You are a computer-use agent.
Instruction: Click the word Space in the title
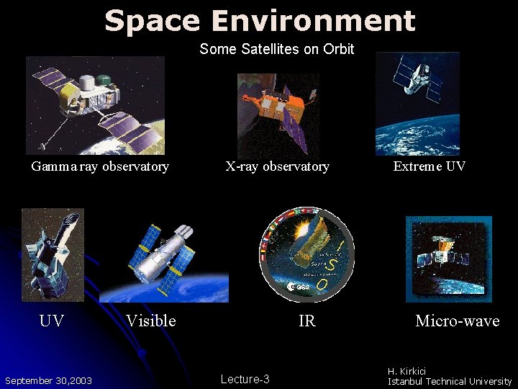150,21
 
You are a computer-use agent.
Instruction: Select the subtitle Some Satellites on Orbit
277,49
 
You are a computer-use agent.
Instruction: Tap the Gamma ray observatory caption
100,167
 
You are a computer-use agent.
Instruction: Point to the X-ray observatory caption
277,167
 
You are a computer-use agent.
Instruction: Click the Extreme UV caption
429,166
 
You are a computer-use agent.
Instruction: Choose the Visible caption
150,321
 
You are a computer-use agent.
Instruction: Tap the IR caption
306,321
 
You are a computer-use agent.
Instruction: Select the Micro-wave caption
457,321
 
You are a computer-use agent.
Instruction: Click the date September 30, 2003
48,380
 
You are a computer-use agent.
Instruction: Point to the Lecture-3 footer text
245,379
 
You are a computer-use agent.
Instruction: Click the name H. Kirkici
407,371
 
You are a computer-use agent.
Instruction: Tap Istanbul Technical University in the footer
450,381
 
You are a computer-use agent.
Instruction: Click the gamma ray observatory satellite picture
95,105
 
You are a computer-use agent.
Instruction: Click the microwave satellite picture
449,257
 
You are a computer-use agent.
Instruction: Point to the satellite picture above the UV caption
53,254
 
